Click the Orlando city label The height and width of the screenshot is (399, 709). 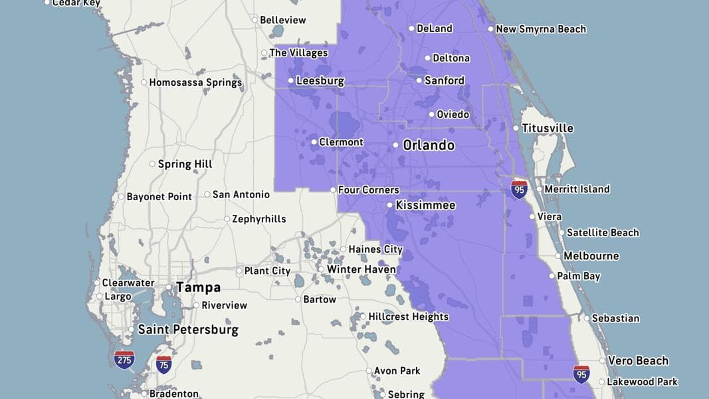click(x=429, y=145)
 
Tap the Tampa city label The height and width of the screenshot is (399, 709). click(x=198, y=288)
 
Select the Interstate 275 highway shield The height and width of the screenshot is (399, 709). click(x=124, y=360)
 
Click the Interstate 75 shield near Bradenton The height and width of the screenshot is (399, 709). click(x=163, y=364)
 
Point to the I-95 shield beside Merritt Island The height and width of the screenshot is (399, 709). click(x=520, y=189)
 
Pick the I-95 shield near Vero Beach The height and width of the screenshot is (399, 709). click(x=581, y=374)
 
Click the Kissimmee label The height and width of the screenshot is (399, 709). click(x=425, y=205)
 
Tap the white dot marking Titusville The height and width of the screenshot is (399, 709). click(x=516, y=128)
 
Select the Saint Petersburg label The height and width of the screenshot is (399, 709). click(x=187, y=329)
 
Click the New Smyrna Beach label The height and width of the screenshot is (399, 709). click(x=541, y=29)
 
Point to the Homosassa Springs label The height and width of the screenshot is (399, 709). click(x=195, y=83)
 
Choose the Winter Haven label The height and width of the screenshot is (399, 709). click(x=361, y=269)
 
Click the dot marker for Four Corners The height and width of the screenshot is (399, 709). click(x=333, y=190)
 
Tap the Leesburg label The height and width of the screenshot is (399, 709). click(x=320, y=81)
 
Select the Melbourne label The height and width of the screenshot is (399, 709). click(x=591, y=256)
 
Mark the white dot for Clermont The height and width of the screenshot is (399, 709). click(x=314, y=142)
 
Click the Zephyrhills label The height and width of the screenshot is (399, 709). click(x=259, y=219)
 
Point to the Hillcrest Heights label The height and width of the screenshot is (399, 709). click(x=408, y=317)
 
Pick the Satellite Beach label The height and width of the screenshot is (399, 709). click(x=602, y=233)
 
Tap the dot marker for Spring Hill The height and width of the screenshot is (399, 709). click(x=152, y=164)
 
